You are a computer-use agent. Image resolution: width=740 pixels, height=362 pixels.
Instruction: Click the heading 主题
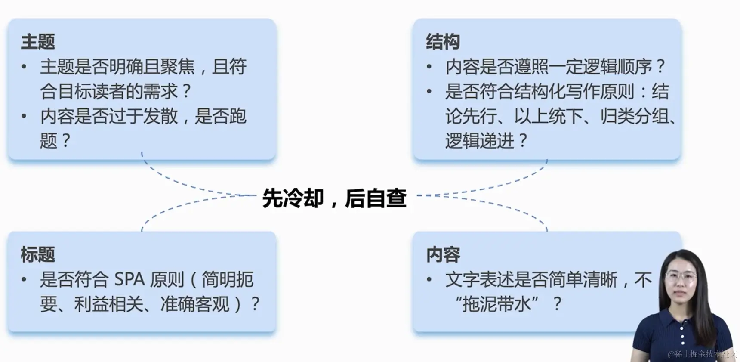(x=38, y=42)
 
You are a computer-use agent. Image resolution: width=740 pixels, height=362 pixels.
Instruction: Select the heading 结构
(x=443, y=42)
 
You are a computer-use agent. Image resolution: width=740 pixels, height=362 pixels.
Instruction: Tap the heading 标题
(x=38, y=254)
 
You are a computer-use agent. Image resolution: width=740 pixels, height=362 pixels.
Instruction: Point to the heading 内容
(x=443, y=254)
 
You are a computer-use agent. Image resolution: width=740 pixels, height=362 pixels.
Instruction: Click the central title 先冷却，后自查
(x=334, y=198)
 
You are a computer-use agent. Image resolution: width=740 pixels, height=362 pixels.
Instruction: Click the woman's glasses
(x=680, y=276)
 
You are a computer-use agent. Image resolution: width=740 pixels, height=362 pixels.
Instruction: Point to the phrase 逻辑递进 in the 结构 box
(x=479, y=141)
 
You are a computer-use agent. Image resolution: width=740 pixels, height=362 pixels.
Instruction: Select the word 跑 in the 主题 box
(x=237, y=116)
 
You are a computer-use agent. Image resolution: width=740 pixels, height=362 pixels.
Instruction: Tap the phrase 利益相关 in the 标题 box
(x=108, y=304)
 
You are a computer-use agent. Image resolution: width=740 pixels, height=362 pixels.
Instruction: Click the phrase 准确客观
(x=194, y=304)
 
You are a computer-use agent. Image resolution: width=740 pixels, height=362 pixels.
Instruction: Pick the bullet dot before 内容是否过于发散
(x=24, y=116)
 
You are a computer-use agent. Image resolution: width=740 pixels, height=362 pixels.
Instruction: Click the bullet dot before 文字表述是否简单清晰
(x=429, y=280)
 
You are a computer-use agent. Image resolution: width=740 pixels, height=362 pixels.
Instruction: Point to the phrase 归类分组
(x=635, y=116)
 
